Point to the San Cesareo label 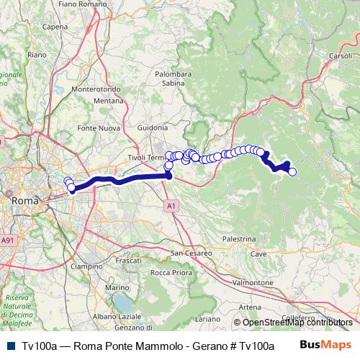(191, 253)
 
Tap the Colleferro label (299, 318)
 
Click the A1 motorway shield (171, 206)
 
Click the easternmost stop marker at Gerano (292, 171)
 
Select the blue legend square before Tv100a (10, 346)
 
